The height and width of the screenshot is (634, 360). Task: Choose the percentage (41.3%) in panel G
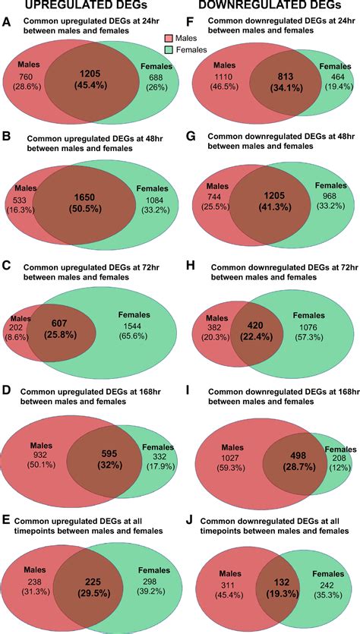(x=274, y=206)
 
